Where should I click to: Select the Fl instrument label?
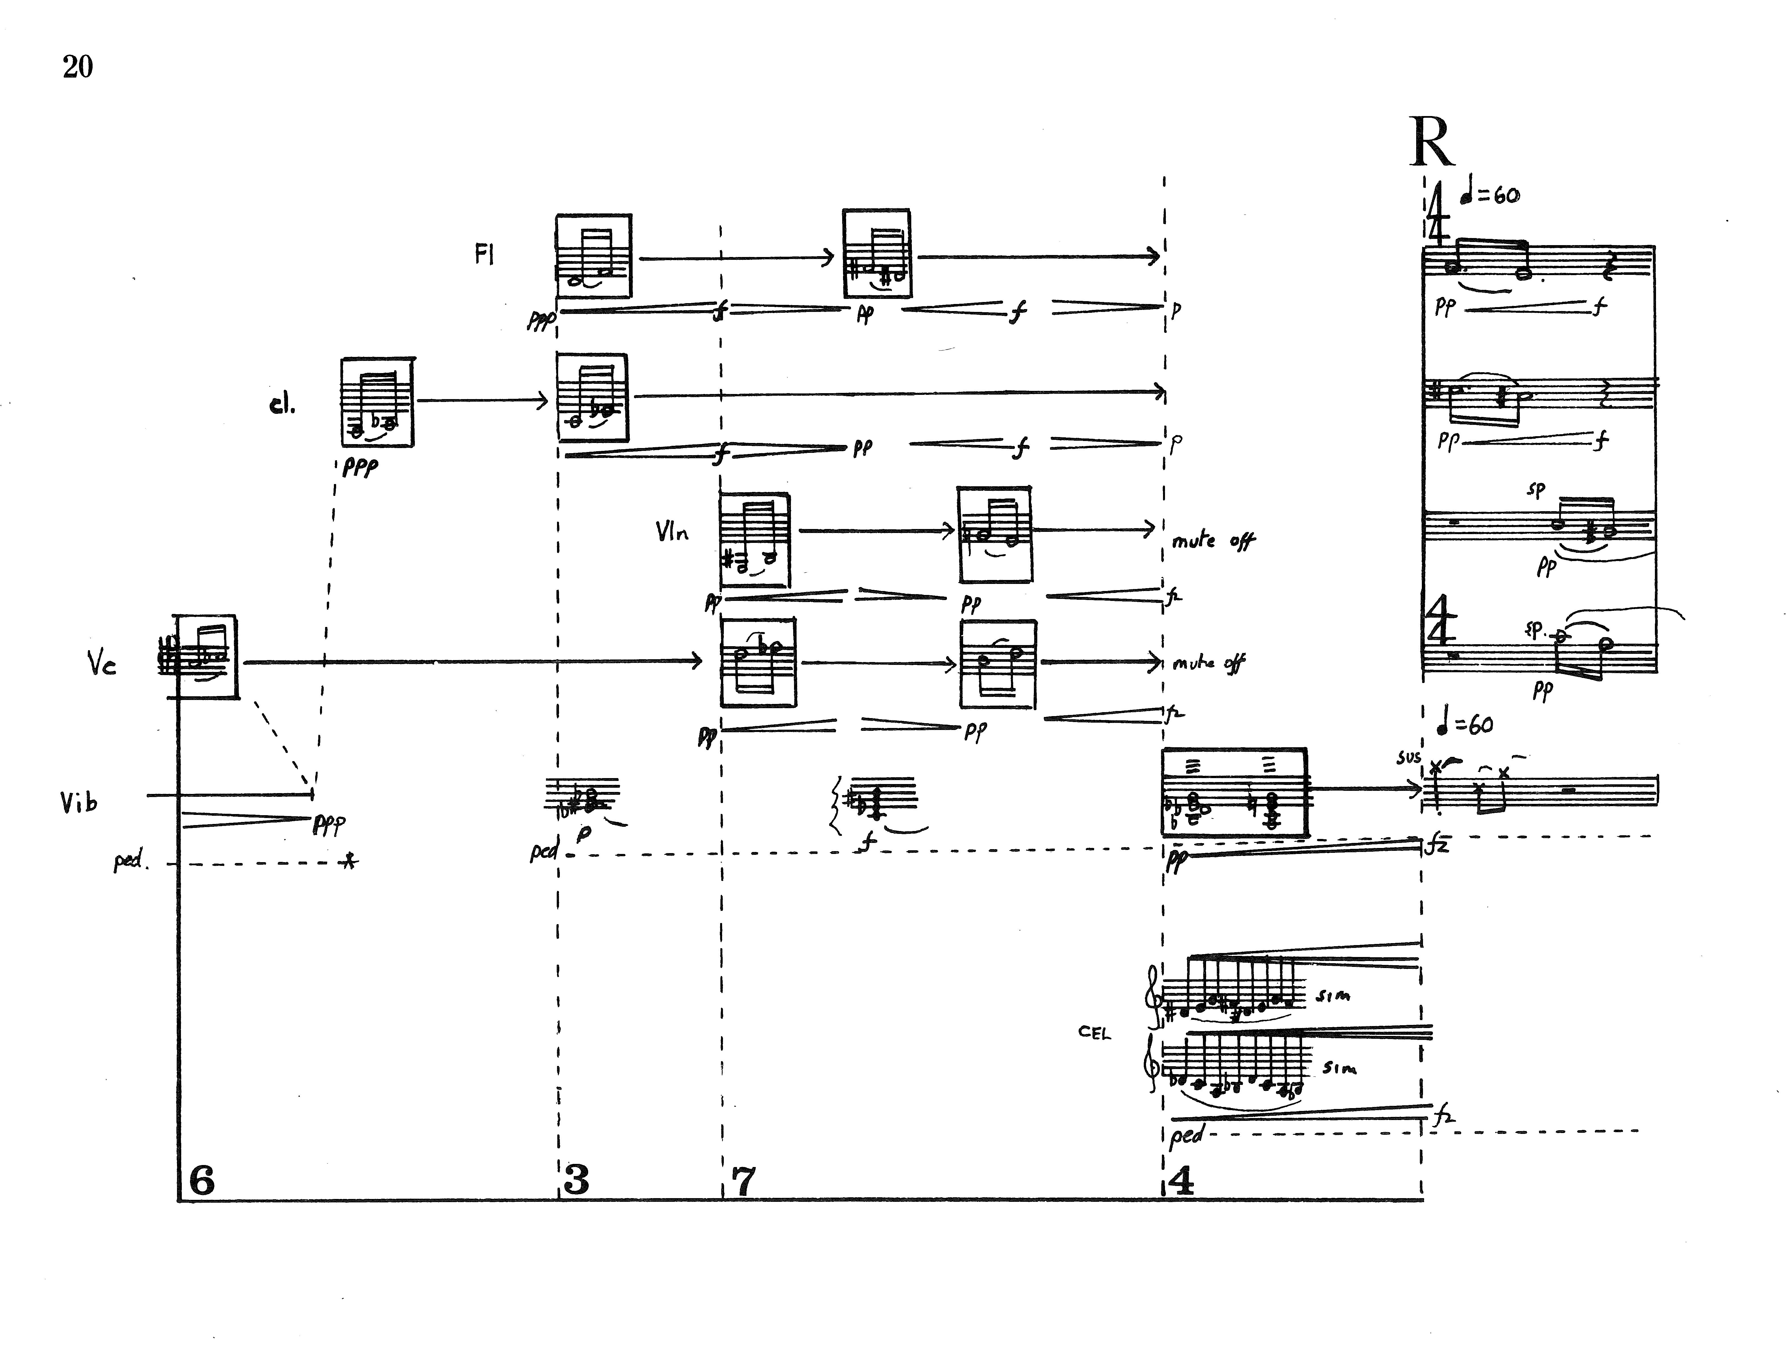tap(484, 255)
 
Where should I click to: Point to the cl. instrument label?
tap(282, 404)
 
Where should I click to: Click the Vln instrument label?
tap(672, 532)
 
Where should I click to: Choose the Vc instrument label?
tap(102, 664)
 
